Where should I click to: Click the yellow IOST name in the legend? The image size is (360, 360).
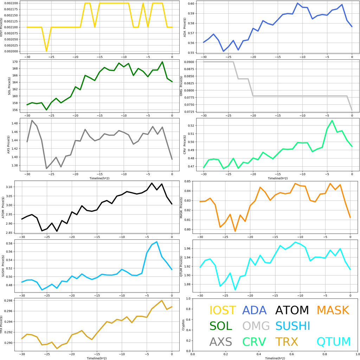223,310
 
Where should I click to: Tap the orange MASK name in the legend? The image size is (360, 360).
333,310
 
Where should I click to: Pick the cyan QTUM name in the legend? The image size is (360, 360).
334,341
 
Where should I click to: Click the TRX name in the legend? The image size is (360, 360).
287,341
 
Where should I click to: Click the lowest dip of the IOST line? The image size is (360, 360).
46,51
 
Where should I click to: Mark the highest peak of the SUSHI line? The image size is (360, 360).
157,242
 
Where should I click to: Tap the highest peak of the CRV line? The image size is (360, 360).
332,121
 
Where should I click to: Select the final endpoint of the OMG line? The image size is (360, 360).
352,110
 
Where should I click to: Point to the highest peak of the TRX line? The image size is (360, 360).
162,301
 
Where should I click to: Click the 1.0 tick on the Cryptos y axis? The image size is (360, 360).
189,298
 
